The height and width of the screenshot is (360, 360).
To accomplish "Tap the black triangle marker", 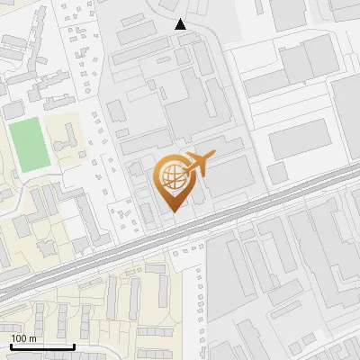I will coord(181,24).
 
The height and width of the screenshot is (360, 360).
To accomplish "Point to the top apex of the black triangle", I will coord(181,19).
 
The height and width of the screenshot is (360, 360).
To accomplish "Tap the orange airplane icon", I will coord(199,165).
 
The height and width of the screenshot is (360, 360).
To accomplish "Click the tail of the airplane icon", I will coord(185,168).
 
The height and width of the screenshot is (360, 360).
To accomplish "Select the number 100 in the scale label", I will coord(20,338).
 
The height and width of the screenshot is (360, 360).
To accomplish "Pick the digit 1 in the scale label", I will coord(13,338).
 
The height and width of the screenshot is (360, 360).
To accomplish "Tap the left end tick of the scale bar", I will coord(11,346).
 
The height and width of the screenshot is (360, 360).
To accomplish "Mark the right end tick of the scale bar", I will coord(74,346).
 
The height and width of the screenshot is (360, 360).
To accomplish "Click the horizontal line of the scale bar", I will coord(42,347).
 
